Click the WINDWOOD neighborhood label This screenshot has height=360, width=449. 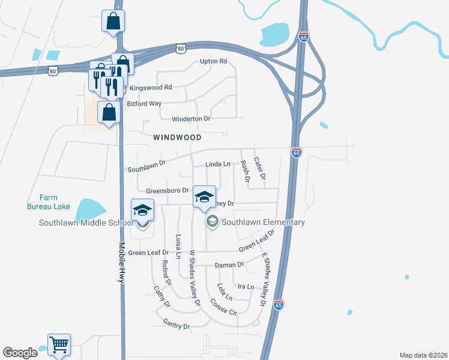click(177, 137)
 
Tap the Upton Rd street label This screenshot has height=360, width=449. click(214, 62)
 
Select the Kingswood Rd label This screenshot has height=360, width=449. click(151, 87)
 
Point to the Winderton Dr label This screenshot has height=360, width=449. click(191, 119)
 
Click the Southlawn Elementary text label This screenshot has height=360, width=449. click(263, 223)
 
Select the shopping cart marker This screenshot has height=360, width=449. click(59, 344)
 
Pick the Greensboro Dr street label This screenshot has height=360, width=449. click(167, 191)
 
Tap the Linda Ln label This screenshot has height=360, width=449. click(218, 164)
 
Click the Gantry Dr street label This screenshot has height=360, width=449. click(176, 326)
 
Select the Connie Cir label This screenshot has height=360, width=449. click(224, 307)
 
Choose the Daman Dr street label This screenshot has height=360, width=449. click(229, 265)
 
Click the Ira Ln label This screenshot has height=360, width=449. click(246, 287)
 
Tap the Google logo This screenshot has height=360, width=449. click(20, 353)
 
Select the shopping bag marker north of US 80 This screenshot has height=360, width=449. click(113, 22)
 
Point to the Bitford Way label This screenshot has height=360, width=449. click(144, 104)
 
